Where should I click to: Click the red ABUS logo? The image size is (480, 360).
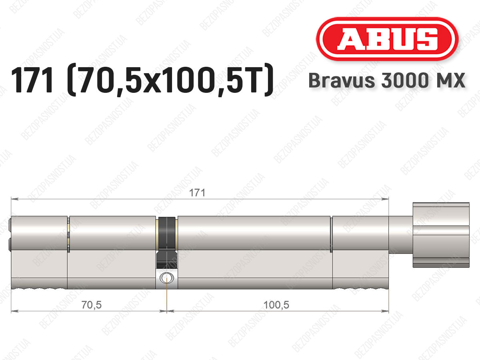387,39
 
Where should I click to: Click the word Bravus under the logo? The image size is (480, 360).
342,80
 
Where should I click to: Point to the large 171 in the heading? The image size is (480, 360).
33,80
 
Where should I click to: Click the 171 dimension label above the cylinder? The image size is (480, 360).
197,193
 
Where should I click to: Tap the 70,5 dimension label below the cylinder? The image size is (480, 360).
92,305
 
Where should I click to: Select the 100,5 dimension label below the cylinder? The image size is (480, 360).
276,305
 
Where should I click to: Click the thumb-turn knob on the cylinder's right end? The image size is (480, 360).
441,235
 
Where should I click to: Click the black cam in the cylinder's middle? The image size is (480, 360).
167,243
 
